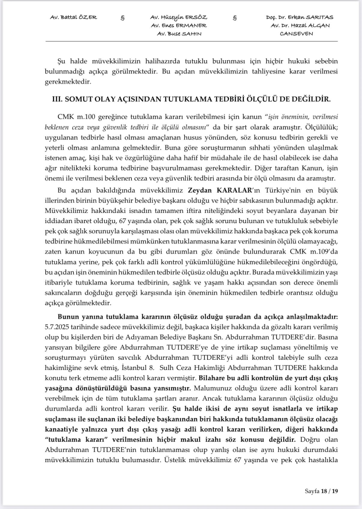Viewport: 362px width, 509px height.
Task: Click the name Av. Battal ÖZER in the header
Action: pyautogui.click(x=73, y=17)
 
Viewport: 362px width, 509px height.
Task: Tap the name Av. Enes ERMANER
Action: pyautogui.click(x=179, y=25)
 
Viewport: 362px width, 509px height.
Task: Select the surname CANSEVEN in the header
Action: pyautogui.click(x=296, y=33)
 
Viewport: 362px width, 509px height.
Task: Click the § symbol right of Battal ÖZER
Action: pyautogui.click(x=123, y=17)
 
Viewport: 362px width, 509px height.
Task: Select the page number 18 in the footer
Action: pyautogui.click(x=325, y=491)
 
